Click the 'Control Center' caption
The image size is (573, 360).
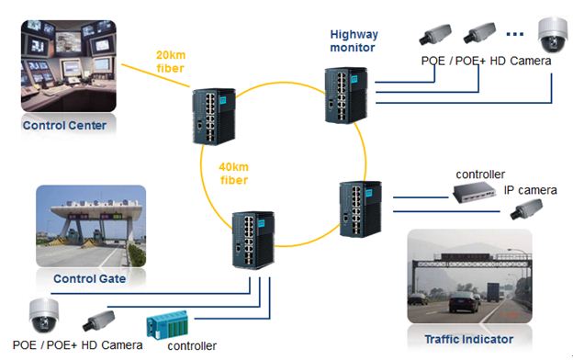(65, 126)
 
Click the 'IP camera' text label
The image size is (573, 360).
(530, 190)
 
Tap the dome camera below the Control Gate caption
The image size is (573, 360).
(42, 316)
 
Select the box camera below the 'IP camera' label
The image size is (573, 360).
(530, 211)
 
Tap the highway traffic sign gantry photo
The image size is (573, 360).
(468, 280)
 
